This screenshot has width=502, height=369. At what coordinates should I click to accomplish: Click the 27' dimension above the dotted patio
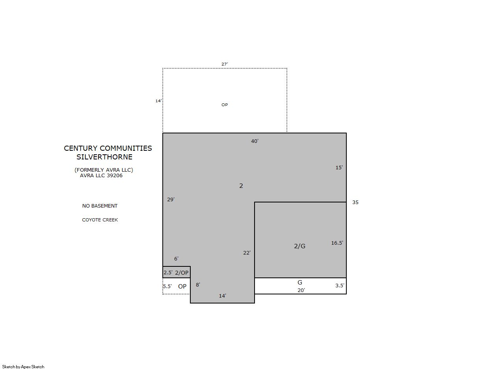tap(225, 64)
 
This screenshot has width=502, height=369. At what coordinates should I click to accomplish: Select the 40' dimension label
tap(255, 141)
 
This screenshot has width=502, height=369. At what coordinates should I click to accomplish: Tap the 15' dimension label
tap(339, 167)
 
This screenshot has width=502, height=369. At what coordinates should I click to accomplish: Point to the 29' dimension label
tap(171, 199)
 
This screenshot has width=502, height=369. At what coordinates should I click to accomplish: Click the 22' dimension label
tap(247, 253)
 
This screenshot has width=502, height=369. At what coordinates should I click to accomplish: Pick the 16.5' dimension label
tap(337, 243)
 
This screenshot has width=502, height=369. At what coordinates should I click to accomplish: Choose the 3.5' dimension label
tap(340, 285)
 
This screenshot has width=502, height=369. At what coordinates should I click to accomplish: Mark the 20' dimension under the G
tap(301, 290)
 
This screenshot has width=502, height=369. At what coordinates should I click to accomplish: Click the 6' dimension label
tap(177, 258)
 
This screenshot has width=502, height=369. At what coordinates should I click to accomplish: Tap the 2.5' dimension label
tap(168, 272)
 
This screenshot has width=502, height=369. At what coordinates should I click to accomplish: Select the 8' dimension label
tap(198, 285)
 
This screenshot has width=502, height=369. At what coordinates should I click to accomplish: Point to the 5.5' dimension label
tap(167, 286)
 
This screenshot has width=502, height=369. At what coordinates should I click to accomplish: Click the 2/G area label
tap(299, 246)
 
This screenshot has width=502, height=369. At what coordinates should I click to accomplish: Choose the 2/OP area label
tap(182, 272)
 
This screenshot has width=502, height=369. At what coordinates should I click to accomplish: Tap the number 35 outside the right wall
tap(355, 202)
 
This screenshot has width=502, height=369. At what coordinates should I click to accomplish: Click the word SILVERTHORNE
tap(104, 157)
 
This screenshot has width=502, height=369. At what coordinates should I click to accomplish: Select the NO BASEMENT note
tap(100, 206)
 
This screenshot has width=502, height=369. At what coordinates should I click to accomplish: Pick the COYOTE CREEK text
tap(100, 220)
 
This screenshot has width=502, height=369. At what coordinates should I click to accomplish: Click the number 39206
tap(115, 175)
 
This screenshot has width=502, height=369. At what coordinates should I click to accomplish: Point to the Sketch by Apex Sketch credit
tap(23, 367)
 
